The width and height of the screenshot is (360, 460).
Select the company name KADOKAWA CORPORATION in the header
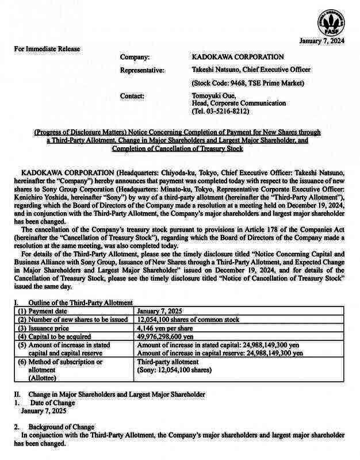tap(237, 57)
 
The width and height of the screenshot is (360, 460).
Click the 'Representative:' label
tap(142, 70)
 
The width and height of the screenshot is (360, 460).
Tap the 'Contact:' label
tap(132, 95)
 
